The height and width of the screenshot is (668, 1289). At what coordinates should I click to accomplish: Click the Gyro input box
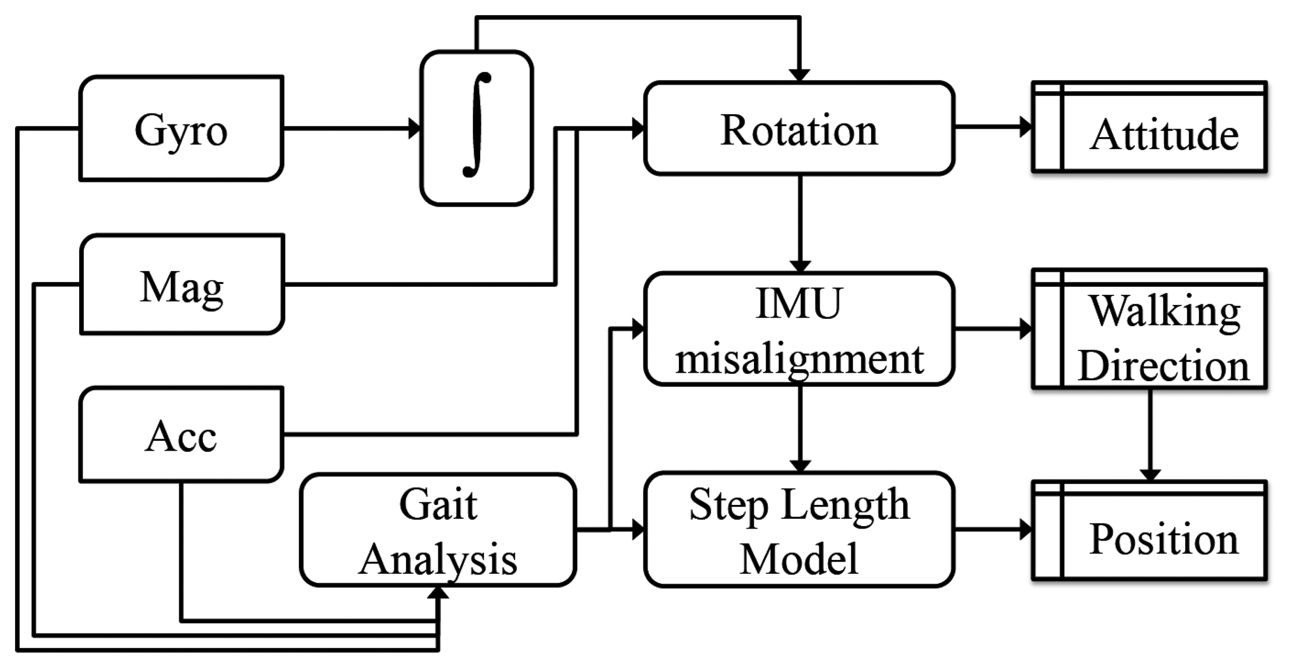(181, 129)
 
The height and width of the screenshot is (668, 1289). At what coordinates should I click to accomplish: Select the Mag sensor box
(182, 284)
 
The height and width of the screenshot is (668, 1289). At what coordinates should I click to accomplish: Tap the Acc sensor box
(181, 435)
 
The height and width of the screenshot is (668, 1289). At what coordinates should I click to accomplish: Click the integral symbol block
(477, 128)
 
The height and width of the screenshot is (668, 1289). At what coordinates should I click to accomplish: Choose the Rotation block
(799, 129)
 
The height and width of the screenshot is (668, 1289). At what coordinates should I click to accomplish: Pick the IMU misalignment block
(799, 329)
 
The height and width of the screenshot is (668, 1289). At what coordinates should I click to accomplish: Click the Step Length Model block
(799, 530)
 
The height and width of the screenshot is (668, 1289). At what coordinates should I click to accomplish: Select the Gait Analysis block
(438, 530)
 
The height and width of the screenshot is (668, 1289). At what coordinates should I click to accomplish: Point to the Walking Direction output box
(1149, 329)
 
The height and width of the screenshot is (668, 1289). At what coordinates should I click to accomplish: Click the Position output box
(1149, 530)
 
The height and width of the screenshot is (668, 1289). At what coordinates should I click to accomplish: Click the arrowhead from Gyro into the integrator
(414, 128)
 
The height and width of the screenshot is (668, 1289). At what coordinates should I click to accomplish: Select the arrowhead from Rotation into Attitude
(1026, 127)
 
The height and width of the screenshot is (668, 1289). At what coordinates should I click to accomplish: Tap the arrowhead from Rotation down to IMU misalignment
(800, 266)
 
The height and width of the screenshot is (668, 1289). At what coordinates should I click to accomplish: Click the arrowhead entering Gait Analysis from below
(438, 593)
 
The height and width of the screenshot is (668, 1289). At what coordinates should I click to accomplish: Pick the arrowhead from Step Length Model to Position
(1026, 530)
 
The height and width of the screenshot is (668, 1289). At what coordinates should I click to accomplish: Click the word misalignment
(799, 359)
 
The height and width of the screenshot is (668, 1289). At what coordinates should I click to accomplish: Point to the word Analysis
(438, 559)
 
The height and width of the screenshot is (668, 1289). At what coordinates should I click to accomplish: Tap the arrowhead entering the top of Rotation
(800, 75)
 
